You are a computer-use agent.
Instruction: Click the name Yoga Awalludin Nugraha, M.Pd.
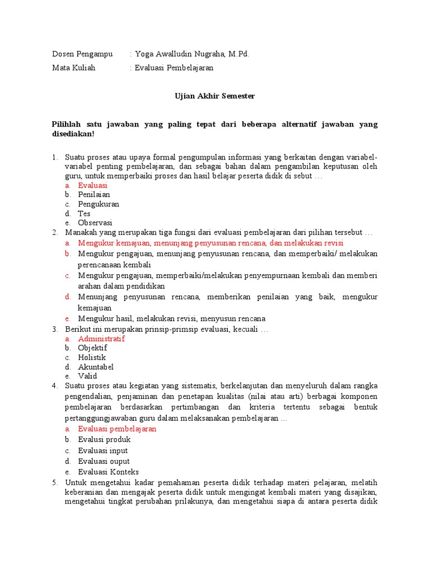click(192, 54)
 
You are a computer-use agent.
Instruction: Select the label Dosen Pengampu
click(82, 54)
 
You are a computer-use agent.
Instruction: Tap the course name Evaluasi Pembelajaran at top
click(174, 68)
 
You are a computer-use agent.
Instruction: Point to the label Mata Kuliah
click(74, 68)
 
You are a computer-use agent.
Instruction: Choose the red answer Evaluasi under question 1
click(93, 185)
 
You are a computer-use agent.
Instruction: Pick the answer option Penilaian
click(94, 195)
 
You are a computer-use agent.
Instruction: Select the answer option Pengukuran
click(99, 204)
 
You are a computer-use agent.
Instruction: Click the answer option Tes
click(85, 213)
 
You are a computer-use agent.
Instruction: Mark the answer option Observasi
click(95, 223)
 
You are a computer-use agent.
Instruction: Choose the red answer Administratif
click(101, 339)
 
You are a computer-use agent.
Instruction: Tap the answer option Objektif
click(93, 348)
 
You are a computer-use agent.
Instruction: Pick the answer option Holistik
click(92, 358)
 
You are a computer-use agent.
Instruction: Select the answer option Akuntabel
click(96, 367)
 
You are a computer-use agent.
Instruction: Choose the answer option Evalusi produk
click(104, 440)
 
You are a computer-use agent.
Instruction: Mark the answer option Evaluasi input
click(103, 450)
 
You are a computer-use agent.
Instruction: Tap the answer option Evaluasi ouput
click(104, 461)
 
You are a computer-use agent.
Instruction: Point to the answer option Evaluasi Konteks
click(109, 472)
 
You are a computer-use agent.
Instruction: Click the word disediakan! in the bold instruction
click(73, 134)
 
